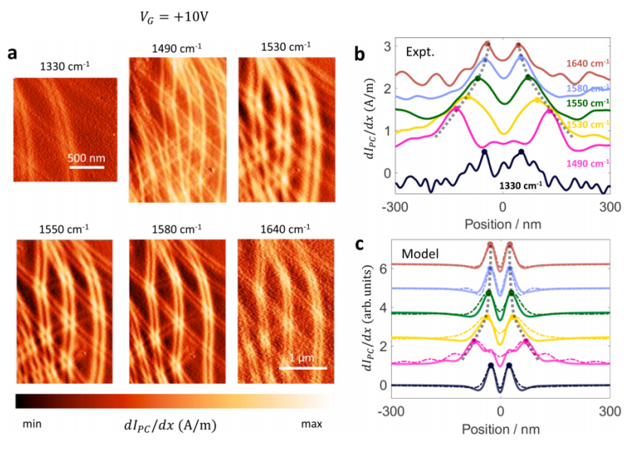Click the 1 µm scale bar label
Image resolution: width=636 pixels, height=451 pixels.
(303, 358)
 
